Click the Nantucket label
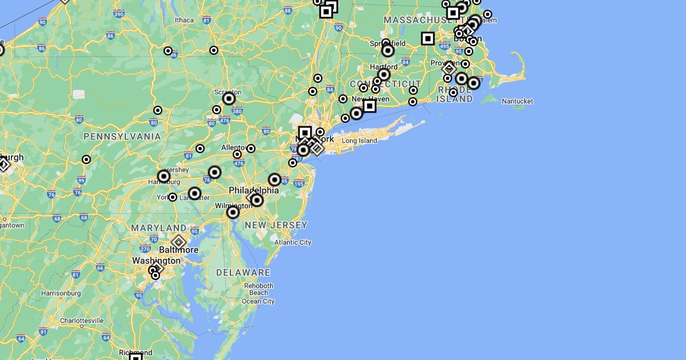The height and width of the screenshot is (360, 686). [x=517, y=101]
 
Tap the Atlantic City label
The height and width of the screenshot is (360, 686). [x=293, y=242]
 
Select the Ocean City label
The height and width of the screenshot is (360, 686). [x=258, y=301]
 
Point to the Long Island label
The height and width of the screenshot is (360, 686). [x=360, y=141]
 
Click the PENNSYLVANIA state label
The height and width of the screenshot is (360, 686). [x=122, y=137]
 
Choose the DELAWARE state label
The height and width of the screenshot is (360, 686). [x=243, y=273]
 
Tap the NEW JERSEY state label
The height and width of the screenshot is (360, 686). [x=276, y=225]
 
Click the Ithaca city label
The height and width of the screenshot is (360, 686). [x=185, y=20]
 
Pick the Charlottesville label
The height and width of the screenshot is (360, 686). [x=82, y=321]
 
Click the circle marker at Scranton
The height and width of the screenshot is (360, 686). [x=229, y=99]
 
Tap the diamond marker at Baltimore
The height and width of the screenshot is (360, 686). [x=178, y=242]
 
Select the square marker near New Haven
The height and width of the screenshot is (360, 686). [x=369, y=106]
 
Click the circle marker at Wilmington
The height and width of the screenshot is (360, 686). [x=233, y=213]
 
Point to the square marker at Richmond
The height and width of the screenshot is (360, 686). [x=135, y=357]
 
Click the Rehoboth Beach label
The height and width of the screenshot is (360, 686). [x=258, y=289]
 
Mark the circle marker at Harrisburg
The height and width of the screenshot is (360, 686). [x=164, y=176]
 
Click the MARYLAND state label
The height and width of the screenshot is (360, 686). [x=158, y=228]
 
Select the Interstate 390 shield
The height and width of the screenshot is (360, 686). [x=119, y=14]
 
